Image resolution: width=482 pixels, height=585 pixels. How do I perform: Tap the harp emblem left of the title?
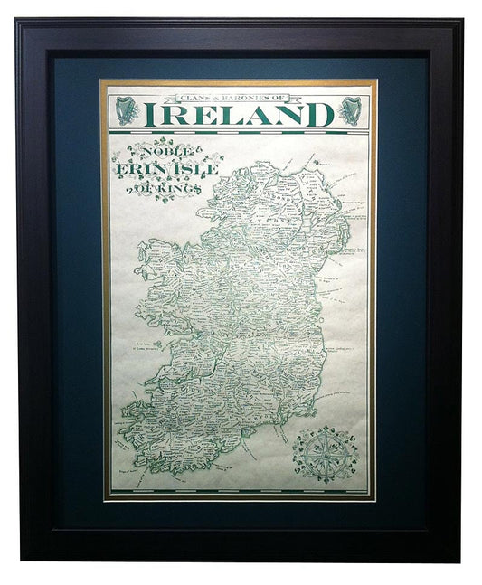[127, 110]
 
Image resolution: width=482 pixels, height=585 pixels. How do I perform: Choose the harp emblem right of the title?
[349, 110]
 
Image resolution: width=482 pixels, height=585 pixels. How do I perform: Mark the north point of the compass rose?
[325, 426]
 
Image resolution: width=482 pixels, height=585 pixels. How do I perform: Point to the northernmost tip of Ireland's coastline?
[263, 163]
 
